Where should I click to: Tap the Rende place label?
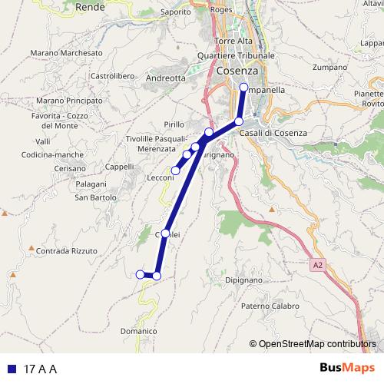coord(91,6)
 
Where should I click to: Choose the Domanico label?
coord(139,331)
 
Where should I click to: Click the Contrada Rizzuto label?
coord(68,251)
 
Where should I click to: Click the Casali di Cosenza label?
coord(273,133)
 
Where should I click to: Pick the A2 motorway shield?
coord(318,265)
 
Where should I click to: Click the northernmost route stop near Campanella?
coord(243,88)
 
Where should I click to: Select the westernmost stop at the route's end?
coord(140,274)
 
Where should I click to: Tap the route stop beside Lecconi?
coord(176,170)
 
